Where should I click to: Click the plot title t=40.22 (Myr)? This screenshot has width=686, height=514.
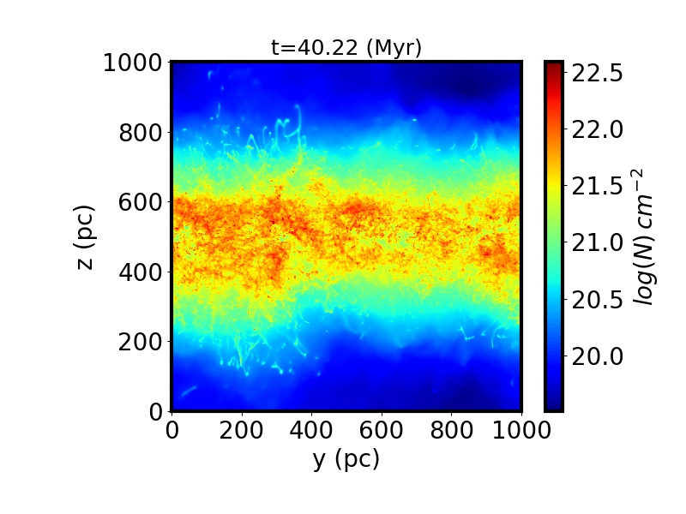click(x=346, y=48)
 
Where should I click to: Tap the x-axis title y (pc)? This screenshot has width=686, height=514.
click(x=346, y=459)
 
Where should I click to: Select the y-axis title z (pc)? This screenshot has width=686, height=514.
click(x=85, y=236)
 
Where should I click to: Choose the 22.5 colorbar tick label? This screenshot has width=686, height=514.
click(x=597, y=74)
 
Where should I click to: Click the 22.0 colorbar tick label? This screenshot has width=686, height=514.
click(x=597, y=130)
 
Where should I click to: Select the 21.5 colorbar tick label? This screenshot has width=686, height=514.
click(x=597, y=187)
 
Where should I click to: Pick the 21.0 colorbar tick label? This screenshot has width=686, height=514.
click(x=597, y=243)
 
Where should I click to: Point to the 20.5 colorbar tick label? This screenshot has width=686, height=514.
click(x=597, y=300)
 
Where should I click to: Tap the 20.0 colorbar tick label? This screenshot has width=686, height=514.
click(x=597, y=356)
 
